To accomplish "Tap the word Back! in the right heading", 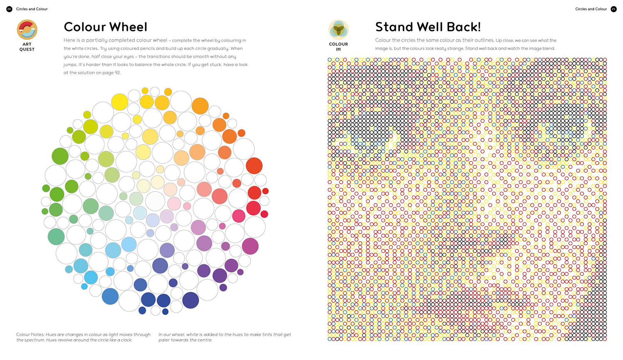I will [x=464, y=27].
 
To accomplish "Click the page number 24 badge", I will [x=9, y=9].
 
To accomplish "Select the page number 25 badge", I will [x=613, y=9].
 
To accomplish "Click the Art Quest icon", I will [x=27, y=30].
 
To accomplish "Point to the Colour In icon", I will [x=338, y=30].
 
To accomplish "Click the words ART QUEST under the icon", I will [x=27, y=47].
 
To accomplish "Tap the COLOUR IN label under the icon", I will [x=338, y=47].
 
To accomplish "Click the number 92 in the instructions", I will [x=118, y=73].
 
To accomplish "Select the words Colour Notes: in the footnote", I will [x=30, y=335].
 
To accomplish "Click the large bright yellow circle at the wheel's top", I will [x=120, y=102].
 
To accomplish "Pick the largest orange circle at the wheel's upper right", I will [x=200, y=106].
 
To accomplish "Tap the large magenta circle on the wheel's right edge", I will [x=250, y=246].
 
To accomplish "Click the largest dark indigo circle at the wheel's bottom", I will [x=191, y=300].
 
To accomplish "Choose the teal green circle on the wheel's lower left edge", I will [x=56, y=237].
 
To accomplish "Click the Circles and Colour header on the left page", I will [x=32, y=9].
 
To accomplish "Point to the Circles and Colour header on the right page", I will [x=591, y=9].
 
